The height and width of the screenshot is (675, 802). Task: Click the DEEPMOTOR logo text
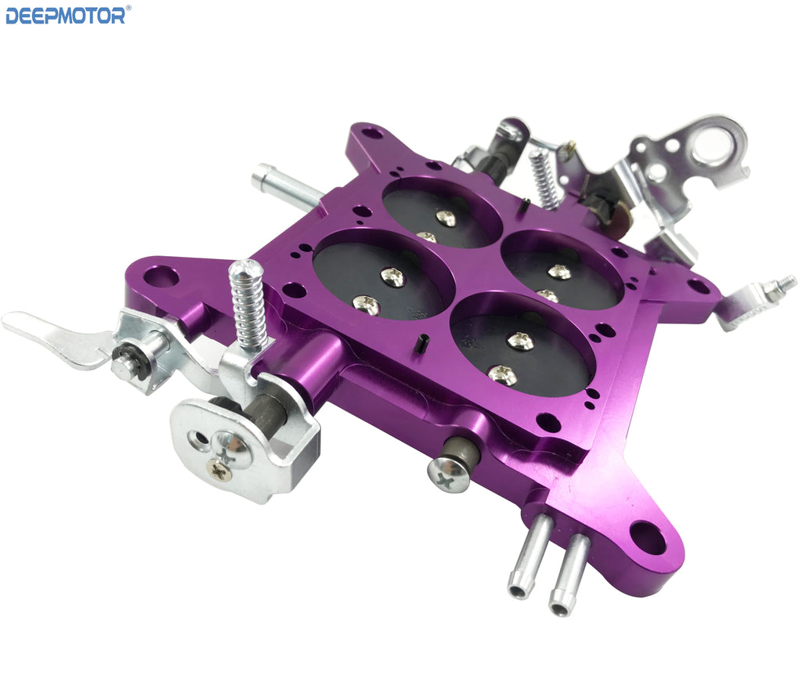tap(65, 16)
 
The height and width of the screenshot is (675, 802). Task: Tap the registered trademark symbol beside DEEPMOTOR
tap(128, 8)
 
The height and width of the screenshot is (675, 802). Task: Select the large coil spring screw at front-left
tap(247, 305)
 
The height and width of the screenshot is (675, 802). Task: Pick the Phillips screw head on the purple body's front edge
tap(449, 475)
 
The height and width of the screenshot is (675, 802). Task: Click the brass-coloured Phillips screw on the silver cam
tap(219, 469)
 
